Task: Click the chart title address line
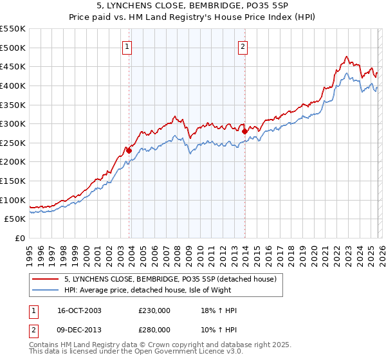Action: tap(193, 6)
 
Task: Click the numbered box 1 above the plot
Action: tap(127, 46)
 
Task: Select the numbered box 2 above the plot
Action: tap(243, 46)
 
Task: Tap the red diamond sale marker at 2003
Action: tap(129, 150)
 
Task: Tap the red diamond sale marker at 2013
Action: tap(244, 131)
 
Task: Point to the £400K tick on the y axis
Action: tap(13, 85)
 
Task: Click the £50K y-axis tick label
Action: tap(15, 219)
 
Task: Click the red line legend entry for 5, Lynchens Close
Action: tap(170, 279)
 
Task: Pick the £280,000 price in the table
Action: tap(154, 329)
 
